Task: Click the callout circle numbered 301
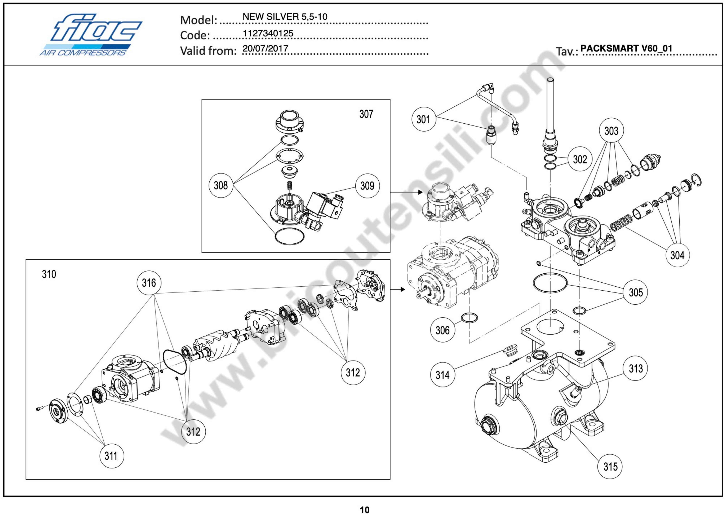coord(423,120)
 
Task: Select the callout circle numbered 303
coord(611,131)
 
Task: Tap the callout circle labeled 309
coord(367,186)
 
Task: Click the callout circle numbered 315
coord(610,467)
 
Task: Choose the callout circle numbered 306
coord(442,330)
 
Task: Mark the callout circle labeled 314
coord(442,375)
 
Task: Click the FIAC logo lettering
coord(95,29)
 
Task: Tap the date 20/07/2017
coord(265,48)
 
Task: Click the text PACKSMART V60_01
coord(626,48)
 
